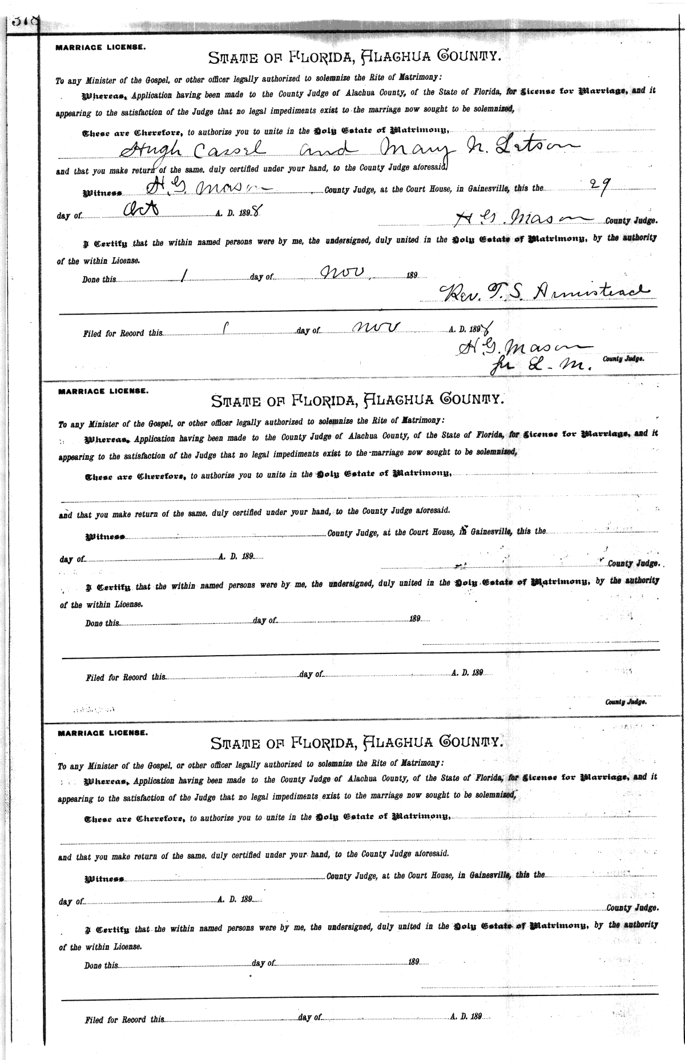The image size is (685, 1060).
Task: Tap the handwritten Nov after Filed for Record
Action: [x=377, y=326]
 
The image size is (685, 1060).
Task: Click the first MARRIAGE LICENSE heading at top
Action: [x=100, y=48]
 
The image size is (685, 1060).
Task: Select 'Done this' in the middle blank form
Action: [x=103, y=623]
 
